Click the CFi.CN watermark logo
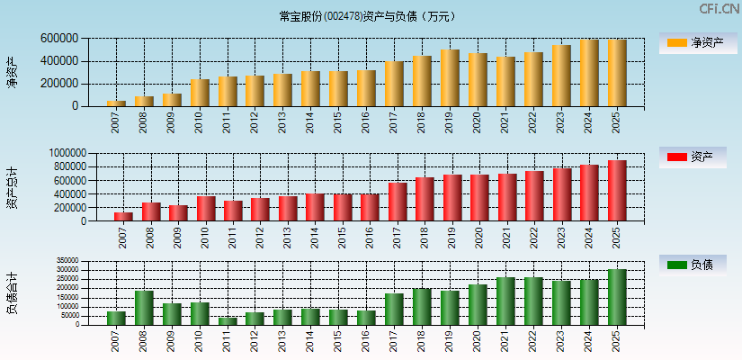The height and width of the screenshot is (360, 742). (x=720, y=9)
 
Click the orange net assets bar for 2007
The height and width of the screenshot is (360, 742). (x=116, y=103)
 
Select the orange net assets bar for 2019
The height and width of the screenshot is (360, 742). (x=450, y=78)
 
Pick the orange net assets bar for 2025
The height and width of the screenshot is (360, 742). (x=617, y=73)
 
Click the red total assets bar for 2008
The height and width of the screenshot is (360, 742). (x=151, y=211)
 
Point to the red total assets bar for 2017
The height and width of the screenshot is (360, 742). (x=398, y=202)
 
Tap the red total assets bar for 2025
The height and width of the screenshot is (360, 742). (x=617, y=191)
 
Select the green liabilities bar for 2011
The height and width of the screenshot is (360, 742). (x=228, y=320)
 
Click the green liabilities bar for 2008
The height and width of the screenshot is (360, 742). (x=144, y=307)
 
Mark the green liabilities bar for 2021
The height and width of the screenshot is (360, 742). (x=505, y=301)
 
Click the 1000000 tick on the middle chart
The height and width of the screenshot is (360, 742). (x=61, y=154)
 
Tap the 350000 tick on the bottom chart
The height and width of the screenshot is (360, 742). (x=67, y=262)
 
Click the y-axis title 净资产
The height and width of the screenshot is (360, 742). (x=12, y=72)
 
